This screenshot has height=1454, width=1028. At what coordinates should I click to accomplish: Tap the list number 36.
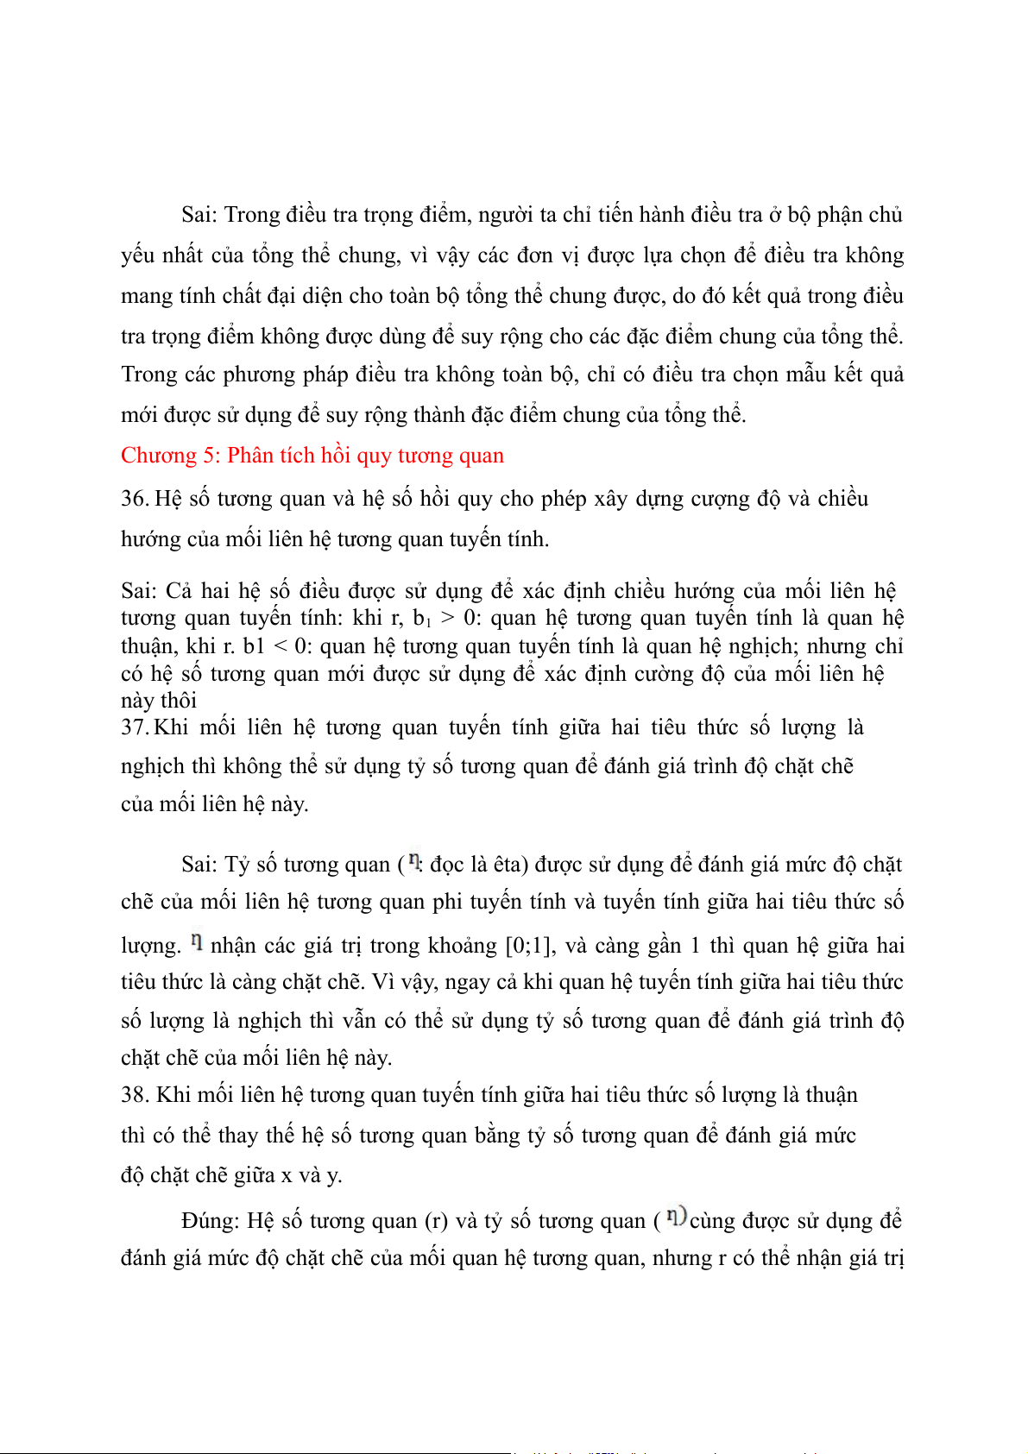(135, 499)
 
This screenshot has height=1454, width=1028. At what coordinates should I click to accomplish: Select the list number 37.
(135, 727)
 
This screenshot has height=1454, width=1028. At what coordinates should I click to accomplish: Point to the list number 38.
(136, 1095)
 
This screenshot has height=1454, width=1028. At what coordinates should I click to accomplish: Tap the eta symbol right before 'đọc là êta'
(415, 861)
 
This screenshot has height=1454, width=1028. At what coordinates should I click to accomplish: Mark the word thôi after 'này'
(178, 701)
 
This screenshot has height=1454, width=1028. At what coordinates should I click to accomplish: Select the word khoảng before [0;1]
(467, 946)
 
